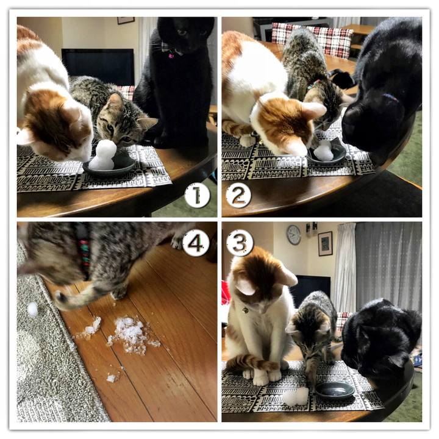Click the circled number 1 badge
click(197, 195)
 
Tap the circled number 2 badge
click(238, 195)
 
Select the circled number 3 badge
click(240, 243)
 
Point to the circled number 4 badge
click(196, 243)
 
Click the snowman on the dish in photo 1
click(102, 155)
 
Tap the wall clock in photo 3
click(293, 235)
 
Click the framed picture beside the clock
click(325, 243)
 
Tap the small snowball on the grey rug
click(32, 310)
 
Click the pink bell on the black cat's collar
click(171, 55)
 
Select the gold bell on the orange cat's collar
click(245, 310)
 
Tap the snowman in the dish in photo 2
click(323, 152)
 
